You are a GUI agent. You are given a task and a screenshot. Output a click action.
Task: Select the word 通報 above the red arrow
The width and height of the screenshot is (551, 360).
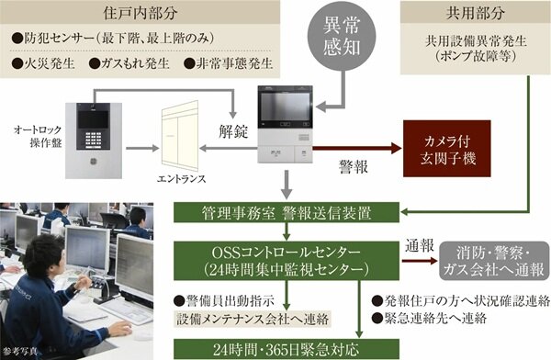click(x=419, y=246)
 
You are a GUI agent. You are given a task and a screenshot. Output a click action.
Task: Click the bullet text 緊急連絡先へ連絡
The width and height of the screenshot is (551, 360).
click(x=427, y=318)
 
